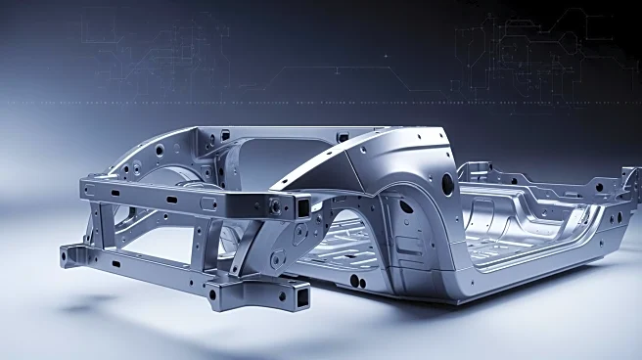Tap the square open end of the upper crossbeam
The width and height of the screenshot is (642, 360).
(x=303, y=206)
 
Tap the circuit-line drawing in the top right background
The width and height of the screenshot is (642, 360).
(x=538, y=49)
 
